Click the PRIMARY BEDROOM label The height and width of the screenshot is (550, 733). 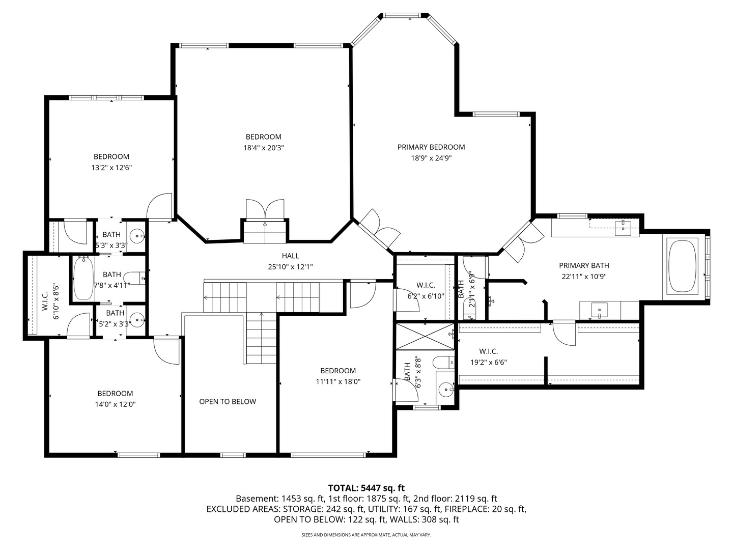(431, 147)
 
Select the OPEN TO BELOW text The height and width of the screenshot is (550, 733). (228, 401)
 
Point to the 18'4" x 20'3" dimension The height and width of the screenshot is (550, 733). (263, 148)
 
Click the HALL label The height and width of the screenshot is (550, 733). (291, 256)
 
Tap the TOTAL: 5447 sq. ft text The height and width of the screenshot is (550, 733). (366, 488)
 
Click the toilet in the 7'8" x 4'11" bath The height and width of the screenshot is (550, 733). (135, 278)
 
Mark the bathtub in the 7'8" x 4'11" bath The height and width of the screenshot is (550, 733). (83, 279)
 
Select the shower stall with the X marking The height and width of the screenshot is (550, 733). (425, 336)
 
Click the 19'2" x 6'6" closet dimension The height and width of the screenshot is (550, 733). (488, 363)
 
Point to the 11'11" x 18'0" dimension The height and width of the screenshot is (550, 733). (337, 381)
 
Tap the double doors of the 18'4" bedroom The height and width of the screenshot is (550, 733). (265, 210)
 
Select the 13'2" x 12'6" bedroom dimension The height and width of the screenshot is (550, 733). (111, 168)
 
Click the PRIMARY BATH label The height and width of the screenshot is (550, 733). (584, 265)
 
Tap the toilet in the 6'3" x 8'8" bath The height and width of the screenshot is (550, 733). (441, 363)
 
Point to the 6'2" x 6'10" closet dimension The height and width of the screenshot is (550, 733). (426, 296)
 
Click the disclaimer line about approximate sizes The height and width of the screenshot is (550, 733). (366, 535)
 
